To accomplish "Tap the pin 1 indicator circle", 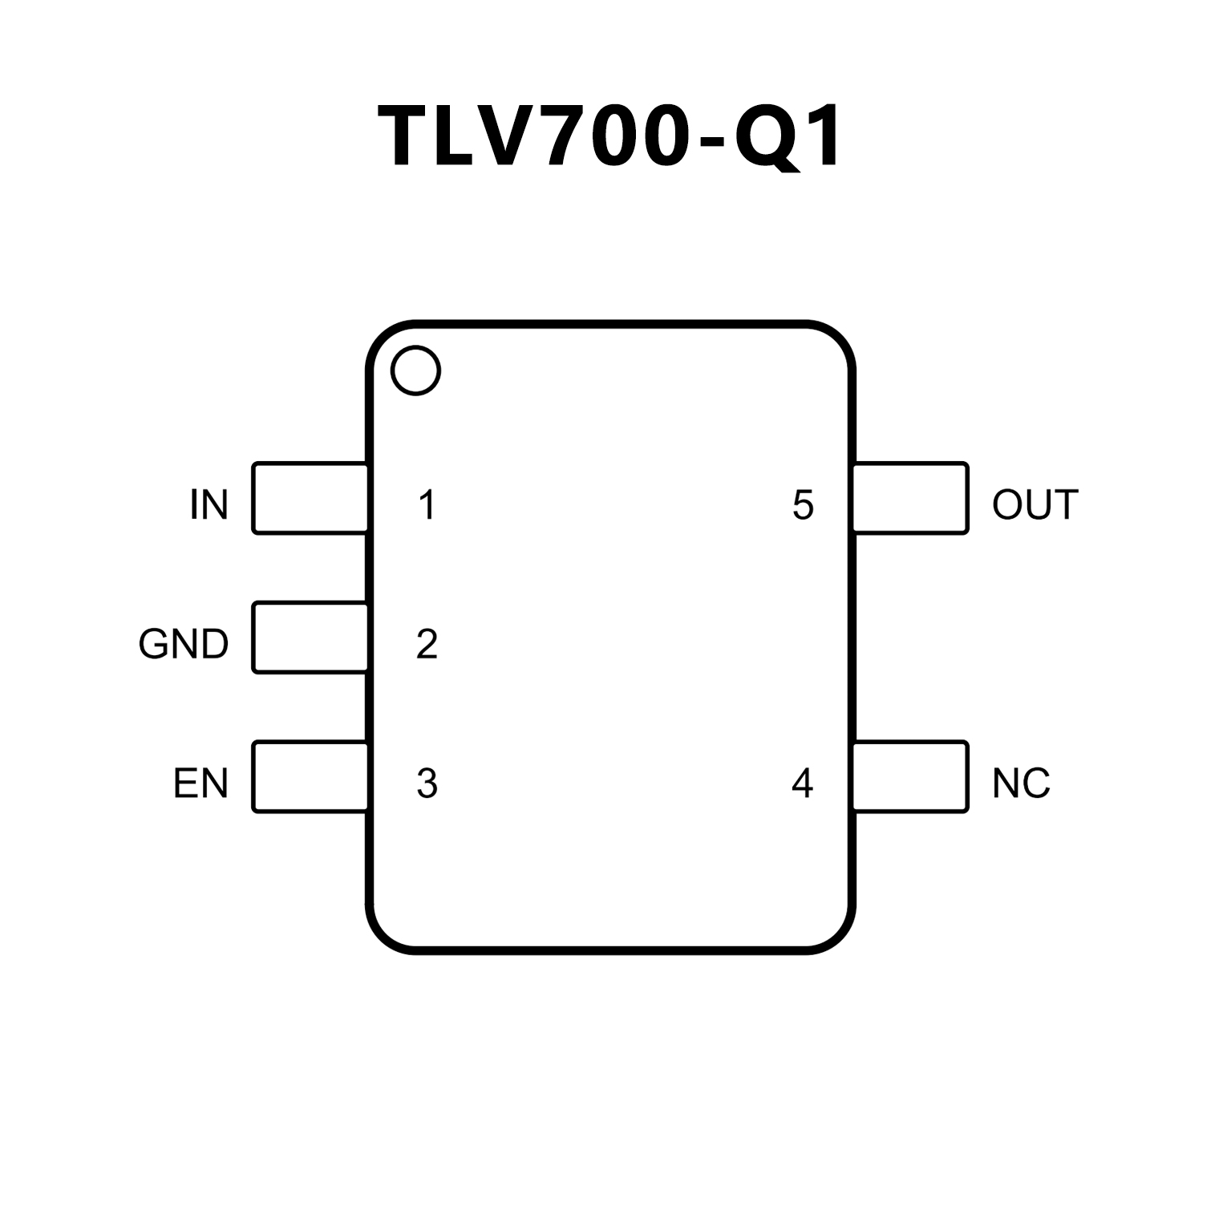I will pos(415,371).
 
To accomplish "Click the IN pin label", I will pos(209,505).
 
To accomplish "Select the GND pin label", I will pos(184,644).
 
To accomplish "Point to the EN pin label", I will pos(200,784).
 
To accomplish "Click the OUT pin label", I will pos(1035,505).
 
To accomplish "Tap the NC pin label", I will pos(1020,784).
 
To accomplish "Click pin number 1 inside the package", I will pos(427,505).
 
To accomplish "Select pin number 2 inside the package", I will pos(427,644).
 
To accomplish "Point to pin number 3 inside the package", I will pos(427,784).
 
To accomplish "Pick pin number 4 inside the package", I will pos(802,784).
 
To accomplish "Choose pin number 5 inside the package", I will pos(803,505).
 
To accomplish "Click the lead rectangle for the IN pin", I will pos(310,498).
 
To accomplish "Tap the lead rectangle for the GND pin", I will pos(310,638).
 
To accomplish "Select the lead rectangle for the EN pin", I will pos(310,777).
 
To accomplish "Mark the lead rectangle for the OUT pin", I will pos(910,498).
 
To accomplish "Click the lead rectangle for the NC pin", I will pos(910,777).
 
